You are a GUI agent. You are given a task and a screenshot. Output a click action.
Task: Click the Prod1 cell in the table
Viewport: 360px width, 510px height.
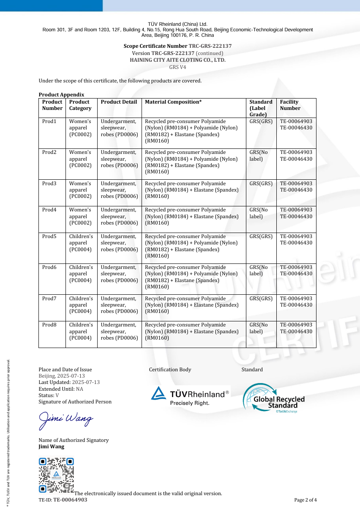[x=49, y=121]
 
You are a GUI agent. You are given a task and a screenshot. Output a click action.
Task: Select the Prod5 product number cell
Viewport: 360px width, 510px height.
[x=49, y=236]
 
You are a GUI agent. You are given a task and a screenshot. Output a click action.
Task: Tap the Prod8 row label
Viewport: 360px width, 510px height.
[x=49, y=325]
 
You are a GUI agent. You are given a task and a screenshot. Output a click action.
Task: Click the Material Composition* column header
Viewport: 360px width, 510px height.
[x=173, y=102]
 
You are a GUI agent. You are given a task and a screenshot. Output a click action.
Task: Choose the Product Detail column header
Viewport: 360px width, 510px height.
[x=119, y=102]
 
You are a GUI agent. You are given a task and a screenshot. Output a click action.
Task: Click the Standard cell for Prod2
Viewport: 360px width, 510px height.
[x=259, y=156]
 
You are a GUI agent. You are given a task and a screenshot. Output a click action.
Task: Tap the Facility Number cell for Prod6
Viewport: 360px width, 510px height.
[x=296, y=270]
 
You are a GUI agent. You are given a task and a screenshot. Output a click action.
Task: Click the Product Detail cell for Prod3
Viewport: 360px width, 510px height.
[x=119, y=190]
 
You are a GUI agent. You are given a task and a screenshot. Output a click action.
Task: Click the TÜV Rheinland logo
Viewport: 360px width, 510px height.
[x=190, y=395]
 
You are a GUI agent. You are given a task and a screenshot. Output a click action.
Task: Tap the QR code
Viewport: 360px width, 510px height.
[x=56, y=475]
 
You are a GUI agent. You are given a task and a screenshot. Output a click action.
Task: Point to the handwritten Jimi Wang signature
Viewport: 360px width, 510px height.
[x=66, y=420]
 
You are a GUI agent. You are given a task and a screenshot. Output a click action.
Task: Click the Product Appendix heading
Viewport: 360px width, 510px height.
[x=61, y=95]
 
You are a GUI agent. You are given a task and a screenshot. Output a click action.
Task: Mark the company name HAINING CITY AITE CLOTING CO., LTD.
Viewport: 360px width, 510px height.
[x=177, y=60]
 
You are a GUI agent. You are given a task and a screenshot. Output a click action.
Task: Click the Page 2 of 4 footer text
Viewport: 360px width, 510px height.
[x=305, y=500]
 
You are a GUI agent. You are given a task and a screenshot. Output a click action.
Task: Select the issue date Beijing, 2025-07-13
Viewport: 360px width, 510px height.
[x=62, y=376]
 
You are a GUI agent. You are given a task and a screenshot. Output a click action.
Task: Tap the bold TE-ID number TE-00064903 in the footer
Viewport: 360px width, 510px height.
[x=70, y=500]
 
